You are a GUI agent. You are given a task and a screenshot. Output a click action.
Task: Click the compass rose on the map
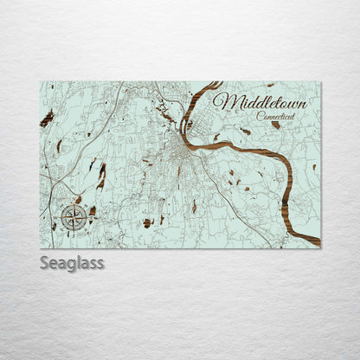(74, 217)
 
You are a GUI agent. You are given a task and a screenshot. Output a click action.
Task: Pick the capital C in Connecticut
(260, 115)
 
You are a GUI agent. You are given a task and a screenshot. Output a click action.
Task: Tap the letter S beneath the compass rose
(74, 231)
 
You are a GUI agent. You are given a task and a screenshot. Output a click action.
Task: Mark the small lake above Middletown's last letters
(270, 85)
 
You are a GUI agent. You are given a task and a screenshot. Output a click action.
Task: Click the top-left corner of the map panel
(41, 82)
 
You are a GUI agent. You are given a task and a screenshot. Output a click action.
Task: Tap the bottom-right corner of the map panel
(320, 247)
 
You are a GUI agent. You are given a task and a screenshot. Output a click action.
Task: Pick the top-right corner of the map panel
(320, 82)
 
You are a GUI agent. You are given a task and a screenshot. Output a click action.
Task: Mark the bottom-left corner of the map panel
(41, 247)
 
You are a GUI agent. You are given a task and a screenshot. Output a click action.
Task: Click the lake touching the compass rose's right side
(90, 210)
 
